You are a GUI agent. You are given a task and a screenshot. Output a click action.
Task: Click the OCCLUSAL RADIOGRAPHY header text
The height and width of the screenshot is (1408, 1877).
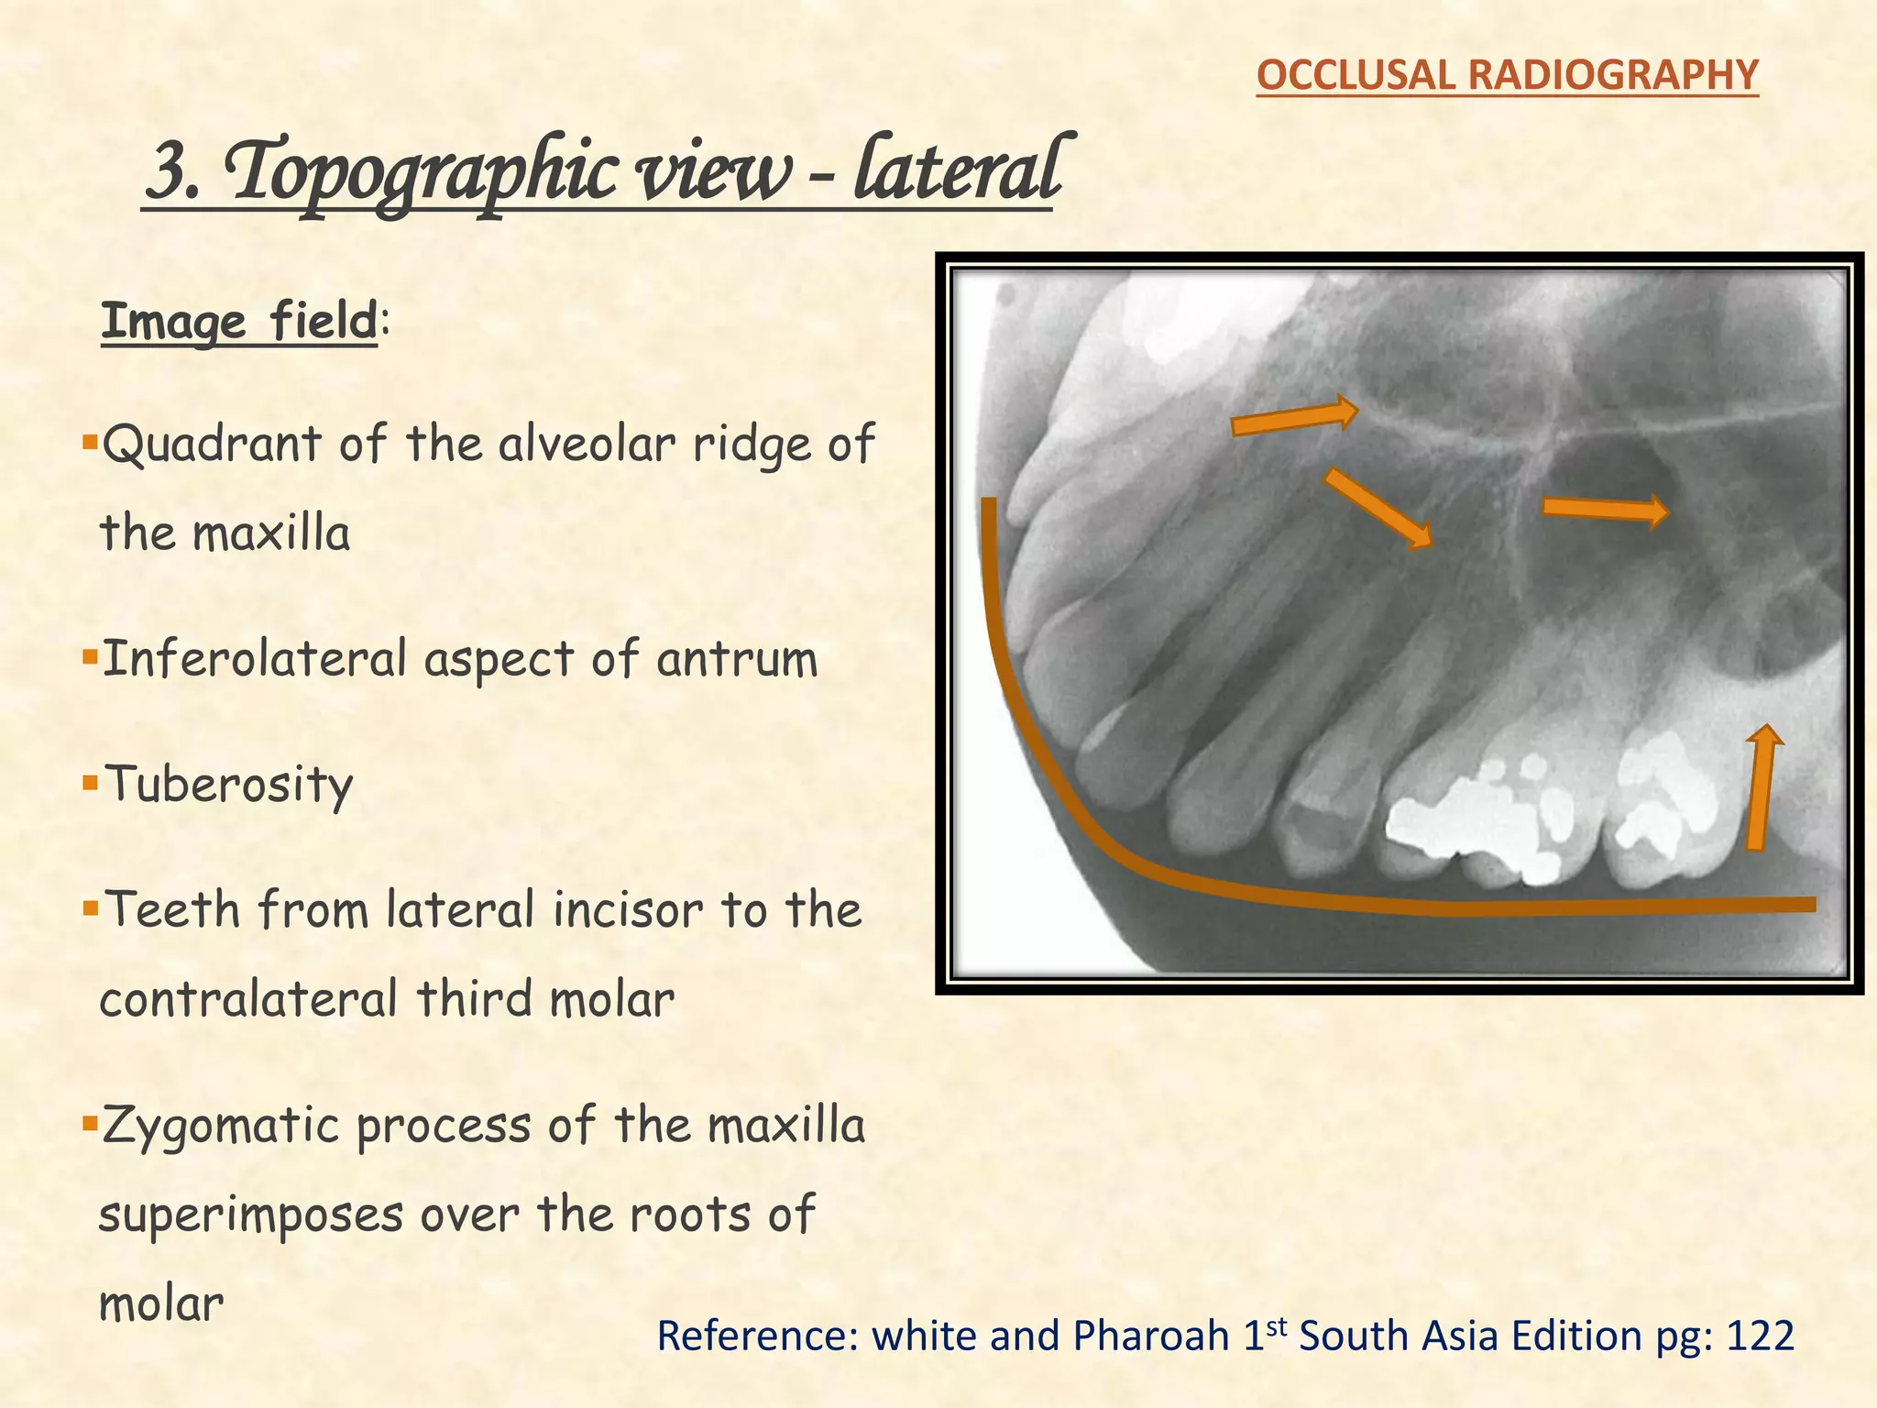pos(1507,75)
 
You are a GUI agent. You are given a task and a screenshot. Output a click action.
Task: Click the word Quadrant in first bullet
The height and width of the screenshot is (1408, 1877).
pos(211,445)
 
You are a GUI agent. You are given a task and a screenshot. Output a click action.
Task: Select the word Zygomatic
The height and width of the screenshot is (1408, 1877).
pos(220,1127)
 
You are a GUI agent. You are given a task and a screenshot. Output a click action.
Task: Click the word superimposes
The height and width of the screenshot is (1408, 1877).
pos(250,1215)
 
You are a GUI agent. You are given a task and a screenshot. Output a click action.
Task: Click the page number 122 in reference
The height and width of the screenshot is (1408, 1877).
pos(1759,1336)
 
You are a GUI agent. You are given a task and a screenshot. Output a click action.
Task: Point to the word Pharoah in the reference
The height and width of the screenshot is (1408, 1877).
pos(1151,1336)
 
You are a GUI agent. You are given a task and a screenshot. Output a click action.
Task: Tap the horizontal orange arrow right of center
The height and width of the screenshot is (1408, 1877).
pos(1604,510)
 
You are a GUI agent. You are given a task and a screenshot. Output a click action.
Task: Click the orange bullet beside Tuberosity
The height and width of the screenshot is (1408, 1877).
pos(89,783)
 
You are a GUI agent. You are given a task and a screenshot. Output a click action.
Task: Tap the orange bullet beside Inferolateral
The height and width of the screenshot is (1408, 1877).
pos(89,657)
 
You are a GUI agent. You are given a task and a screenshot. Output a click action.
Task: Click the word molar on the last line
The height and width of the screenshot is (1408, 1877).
pos(161,1304)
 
